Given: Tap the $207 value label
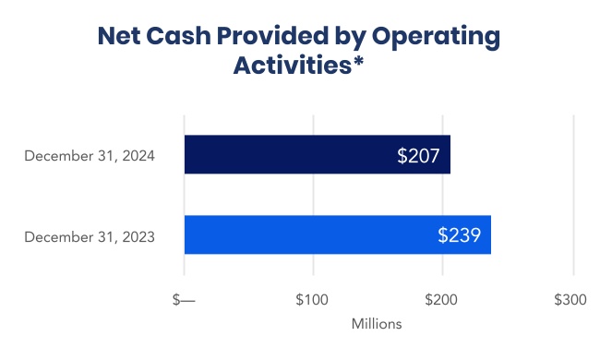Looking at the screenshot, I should tap(419, 155).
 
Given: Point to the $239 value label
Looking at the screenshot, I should tap(459, 234).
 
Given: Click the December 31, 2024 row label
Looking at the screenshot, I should tap(90, 156).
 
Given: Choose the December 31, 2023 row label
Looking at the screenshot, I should tap(90, 237).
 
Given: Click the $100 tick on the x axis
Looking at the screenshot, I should tap(312, 301).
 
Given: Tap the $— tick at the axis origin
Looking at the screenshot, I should tap(185, 301).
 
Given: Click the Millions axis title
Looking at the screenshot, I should tap(377, 325).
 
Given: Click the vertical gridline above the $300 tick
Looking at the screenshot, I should tap(573, 194).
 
